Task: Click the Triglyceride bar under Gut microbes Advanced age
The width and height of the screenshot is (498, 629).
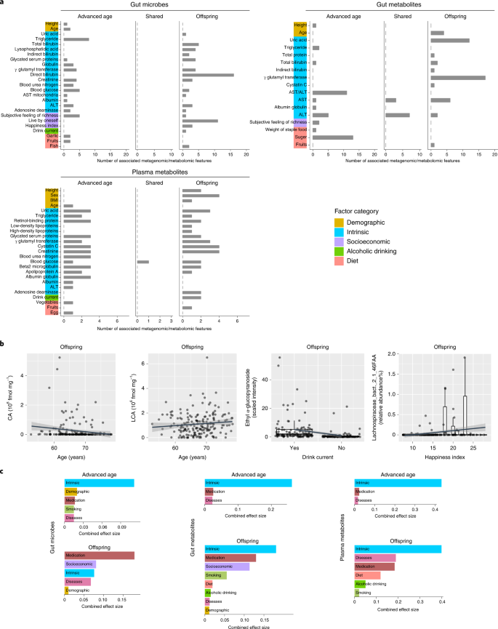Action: point(76,39)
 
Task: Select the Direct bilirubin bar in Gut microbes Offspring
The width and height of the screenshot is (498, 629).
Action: point(207,75)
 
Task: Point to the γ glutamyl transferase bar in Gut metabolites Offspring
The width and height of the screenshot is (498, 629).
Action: point(457,77)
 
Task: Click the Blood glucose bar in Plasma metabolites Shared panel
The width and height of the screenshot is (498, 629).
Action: point(142,262)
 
